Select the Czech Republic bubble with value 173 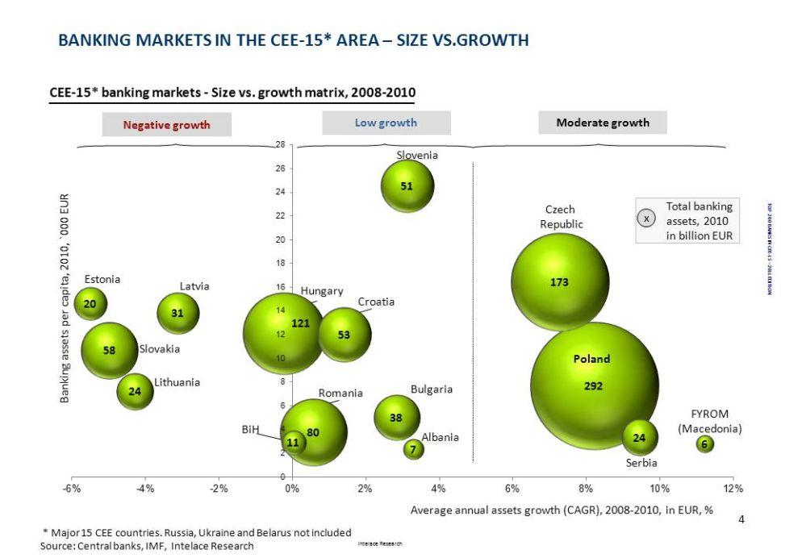[560, 281]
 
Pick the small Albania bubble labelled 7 [414, 449]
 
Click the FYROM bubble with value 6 [705, 444]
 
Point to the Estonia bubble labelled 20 [90, 304]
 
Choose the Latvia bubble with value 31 [178, 314]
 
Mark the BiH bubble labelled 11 [294, 442]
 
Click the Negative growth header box [166, 125]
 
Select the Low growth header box [386, 123]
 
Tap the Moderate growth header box [602, 123]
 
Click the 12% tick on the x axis [733, 489]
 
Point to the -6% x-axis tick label [71, 489]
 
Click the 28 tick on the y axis [280, 144]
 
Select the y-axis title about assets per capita [65, 298]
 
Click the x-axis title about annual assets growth [562, 510]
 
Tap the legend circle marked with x [646, 218]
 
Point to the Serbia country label [641, 463]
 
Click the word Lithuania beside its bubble [177, 382]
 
